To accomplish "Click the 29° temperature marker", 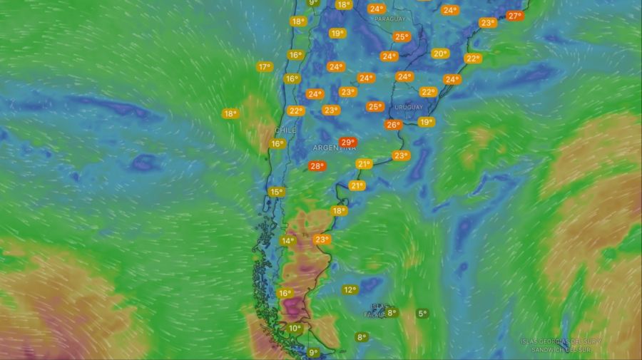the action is point(347,143).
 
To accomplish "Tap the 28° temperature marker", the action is point(317,166).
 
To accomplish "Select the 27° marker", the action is point(515,16).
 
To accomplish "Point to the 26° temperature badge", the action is point(393,125).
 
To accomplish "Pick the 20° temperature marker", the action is point(440,53).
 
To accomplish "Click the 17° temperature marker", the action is point(265,67).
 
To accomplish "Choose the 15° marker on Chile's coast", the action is point(276,192).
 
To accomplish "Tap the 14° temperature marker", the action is point(287,241).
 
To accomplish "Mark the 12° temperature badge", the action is point(350,289).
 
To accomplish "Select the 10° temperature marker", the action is point(295,328).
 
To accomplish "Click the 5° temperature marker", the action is point(422,313).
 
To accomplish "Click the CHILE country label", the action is point(285,130).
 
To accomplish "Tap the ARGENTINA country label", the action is point(334,148).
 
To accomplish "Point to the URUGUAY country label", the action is point(408,106).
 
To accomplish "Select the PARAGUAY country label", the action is point(389,19).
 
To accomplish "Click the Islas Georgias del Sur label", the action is point(561,341).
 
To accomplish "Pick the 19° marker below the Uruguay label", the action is point(427,122).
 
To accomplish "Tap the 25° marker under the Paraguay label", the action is point(402,37).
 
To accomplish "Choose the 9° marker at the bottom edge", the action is point(313,352).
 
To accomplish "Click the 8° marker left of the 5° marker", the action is point(391,312).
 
